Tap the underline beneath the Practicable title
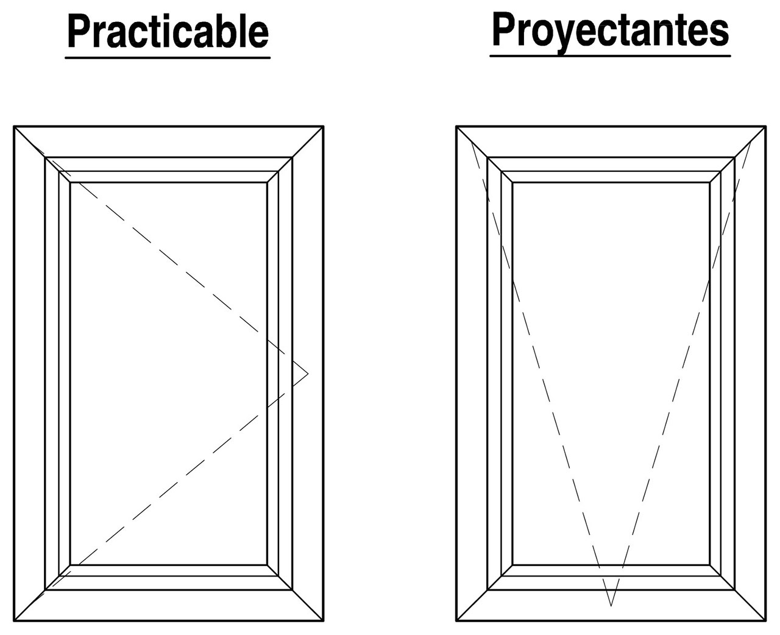click(168, 57)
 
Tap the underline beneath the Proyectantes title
click(610, 56)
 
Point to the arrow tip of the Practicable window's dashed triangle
click(308, 374)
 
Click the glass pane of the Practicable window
click(168, 373)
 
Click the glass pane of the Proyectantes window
click(611, 373)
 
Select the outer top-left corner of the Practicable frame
click(14, 126)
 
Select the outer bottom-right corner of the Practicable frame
click(324, 621)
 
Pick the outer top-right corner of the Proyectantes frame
click(766, 126)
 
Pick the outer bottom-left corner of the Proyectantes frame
click(456, 621)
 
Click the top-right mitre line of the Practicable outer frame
click(308, 142)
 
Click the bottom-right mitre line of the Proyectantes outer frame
click(750, 605)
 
